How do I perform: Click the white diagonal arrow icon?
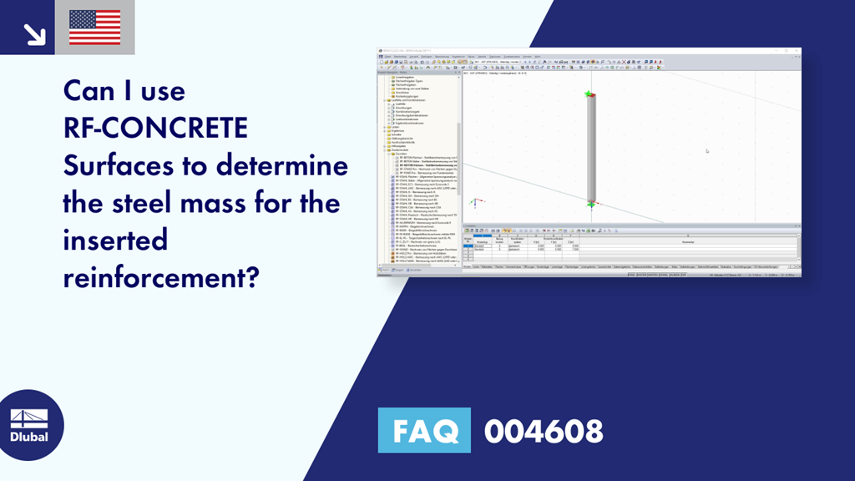tap(34, 33)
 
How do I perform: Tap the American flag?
tap(94, 28)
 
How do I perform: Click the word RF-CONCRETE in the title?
tap(155, 128)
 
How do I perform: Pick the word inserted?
tap(115, 241)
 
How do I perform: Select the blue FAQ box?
tap(424, 431)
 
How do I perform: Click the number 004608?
tap(543, 431)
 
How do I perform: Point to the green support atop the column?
tap(590, 94)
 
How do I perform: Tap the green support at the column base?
tap(590, 204)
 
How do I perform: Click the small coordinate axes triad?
tap(475, 202)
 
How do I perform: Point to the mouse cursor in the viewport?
tap(707, 151)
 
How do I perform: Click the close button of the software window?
tap(797, 50)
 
